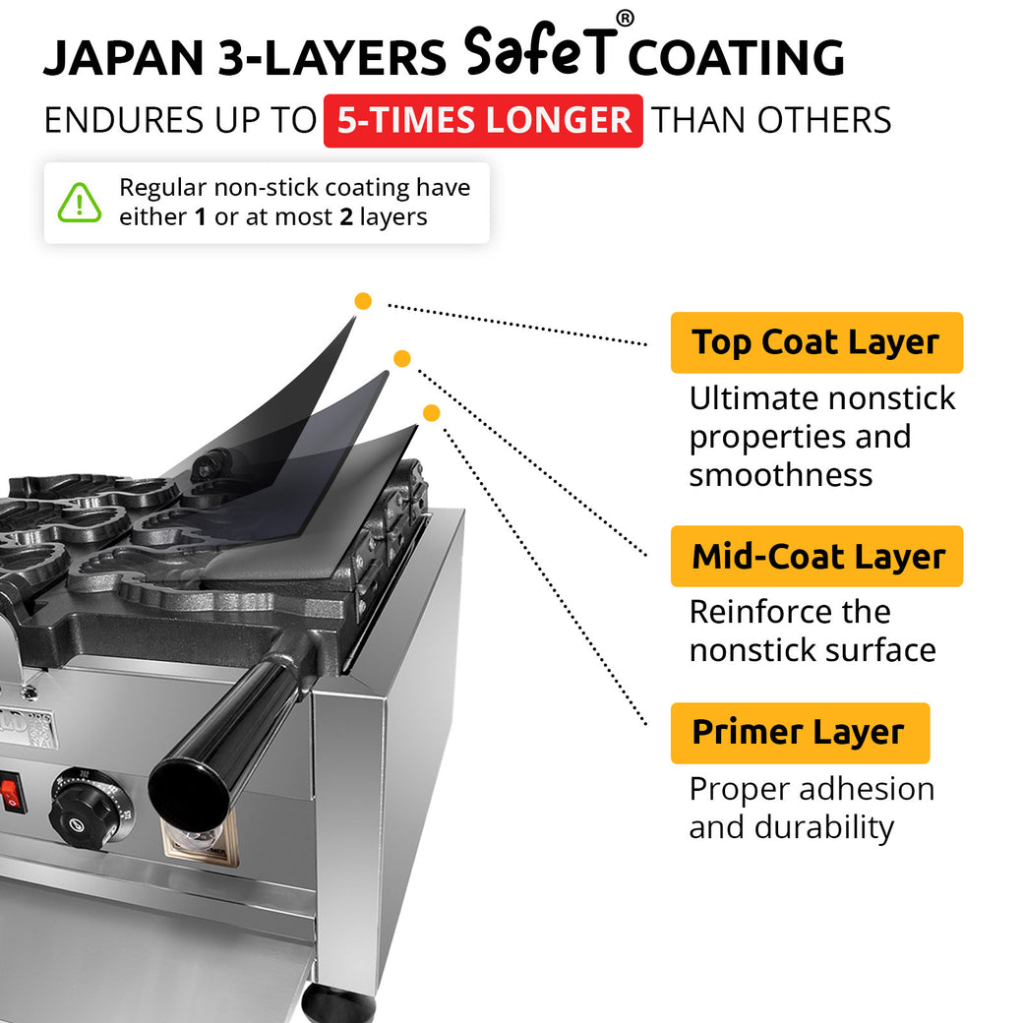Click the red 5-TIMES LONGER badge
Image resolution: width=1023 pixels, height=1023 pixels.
point(483,121)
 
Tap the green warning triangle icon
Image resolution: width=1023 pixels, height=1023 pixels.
point(80,203)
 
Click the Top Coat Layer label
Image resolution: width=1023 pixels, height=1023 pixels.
point(815,342)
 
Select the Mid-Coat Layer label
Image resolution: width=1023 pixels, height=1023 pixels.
point(816,557)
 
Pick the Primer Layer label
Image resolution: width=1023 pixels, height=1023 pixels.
point(799,733)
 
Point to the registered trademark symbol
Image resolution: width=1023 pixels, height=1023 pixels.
point(625,19)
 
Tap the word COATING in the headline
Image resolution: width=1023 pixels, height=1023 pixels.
point(736,59)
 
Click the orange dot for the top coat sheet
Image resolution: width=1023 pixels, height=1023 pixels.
point(363,301)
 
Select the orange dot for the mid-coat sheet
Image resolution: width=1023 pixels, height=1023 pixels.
point(401,358)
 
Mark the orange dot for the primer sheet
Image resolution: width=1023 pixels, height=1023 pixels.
point(431,412)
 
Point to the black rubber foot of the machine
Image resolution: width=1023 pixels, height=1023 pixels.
point(337,1003)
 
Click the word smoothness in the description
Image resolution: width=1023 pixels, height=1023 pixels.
point(780,475)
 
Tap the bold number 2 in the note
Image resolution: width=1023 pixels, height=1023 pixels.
point(345,217)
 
